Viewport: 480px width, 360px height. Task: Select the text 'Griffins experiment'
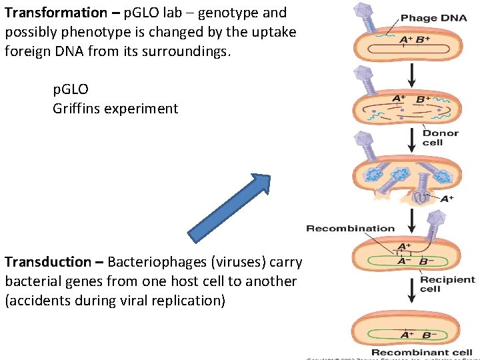click(x=115, y=108)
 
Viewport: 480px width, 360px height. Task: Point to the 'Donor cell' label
click(x=441, y=137)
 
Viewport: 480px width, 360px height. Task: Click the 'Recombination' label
click(x=350, y=228)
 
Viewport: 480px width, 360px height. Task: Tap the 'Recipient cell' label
click(x=447, y=284)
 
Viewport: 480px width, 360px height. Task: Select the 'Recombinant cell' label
click(x=421, y=352)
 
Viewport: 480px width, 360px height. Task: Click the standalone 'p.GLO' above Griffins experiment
click(x=71, y=89)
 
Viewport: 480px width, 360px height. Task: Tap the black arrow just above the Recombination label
click(x=411, y=215)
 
